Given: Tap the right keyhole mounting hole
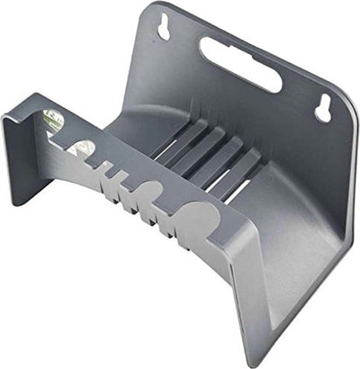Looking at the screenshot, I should pos(321,108).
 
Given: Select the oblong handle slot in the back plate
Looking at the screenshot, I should pos(240,63).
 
